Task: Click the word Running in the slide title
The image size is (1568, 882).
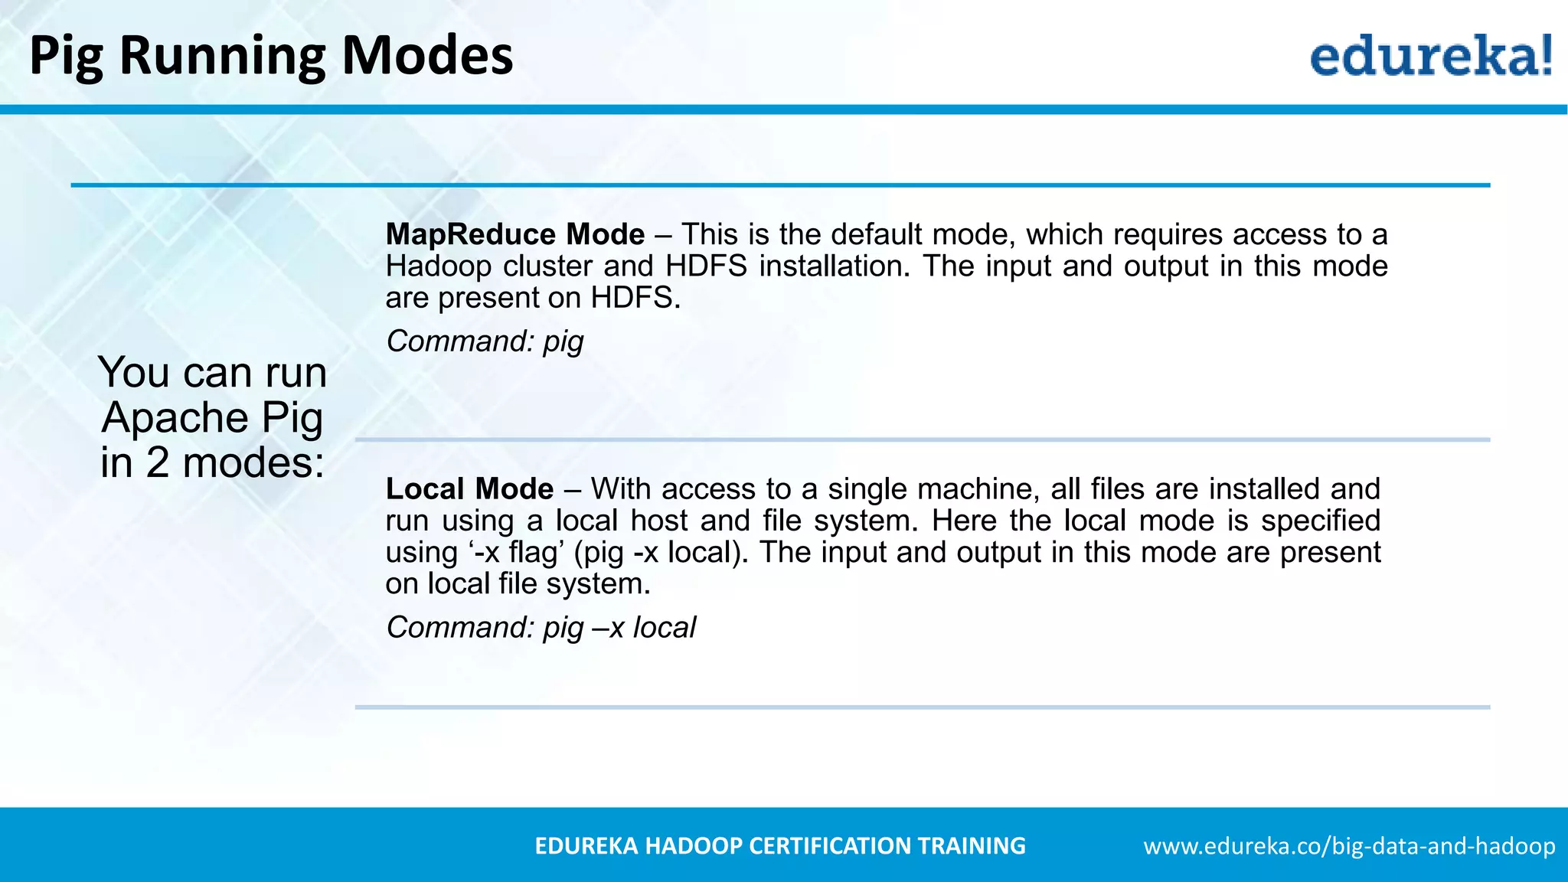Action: [222, 57]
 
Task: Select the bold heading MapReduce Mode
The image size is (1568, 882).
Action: [515, 234]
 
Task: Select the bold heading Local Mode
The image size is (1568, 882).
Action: [469, 489]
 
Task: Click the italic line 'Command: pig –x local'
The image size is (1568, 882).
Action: [541, 628]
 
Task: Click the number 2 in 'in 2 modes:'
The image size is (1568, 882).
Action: [157, 463]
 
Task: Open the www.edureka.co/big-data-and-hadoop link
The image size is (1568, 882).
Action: [1349, 846]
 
